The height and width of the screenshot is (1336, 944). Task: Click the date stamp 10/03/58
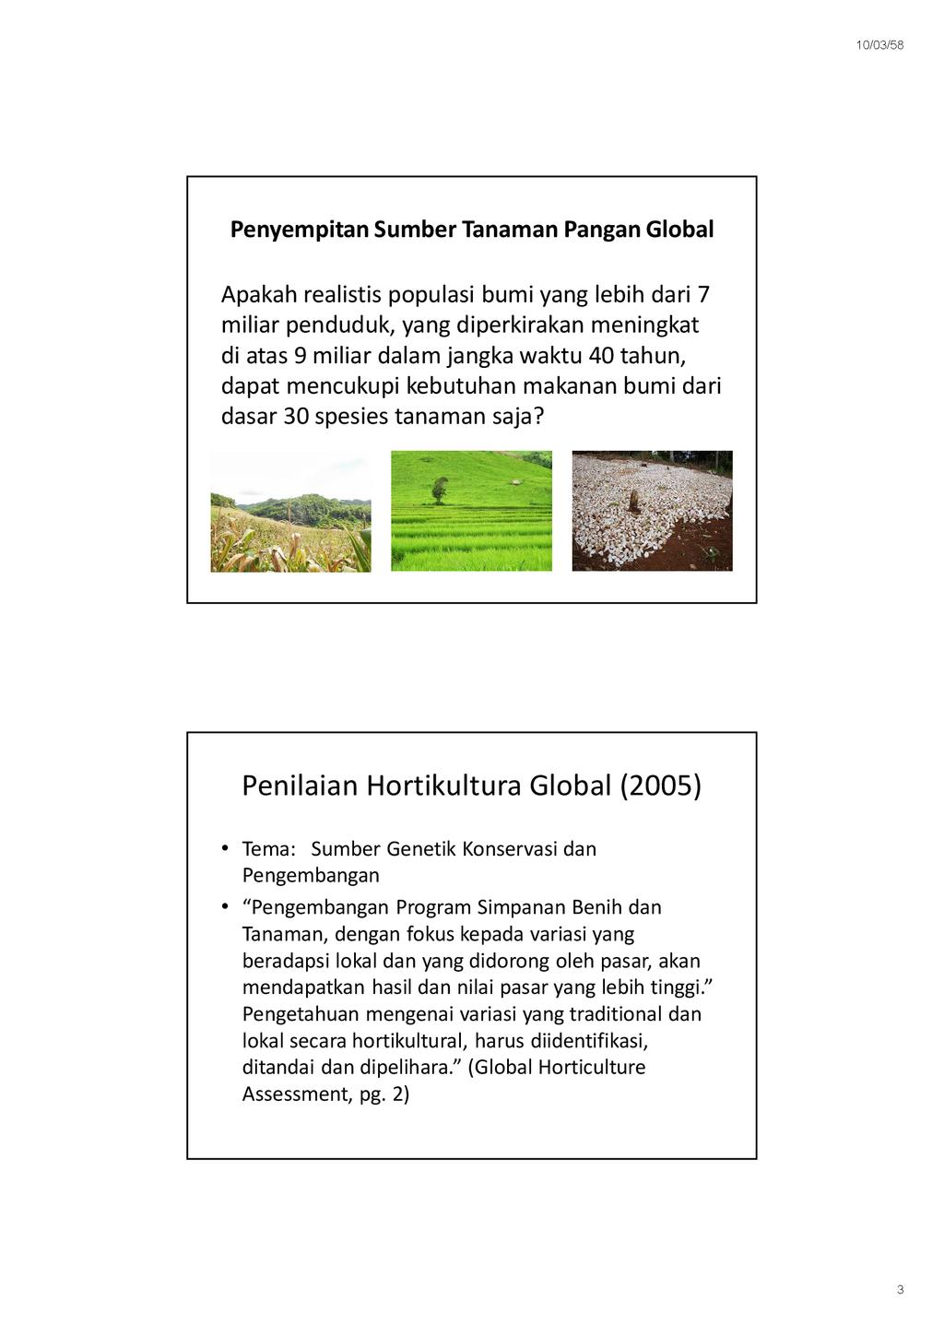coord(879,45)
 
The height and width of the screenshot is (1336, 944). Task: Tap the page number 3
coord(900,1289)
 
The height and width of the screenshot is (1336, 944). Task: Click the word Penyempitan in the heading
coord(300,230)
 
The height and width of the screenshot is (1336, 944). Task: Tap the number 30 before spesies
coord(296,417)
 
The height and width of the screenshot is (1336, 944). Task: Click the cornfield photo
coord(290,512)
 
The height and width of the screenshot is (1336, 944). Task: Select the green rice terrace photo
coord(471,512)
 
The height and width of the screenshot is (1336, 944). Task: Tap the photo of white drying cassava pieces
coord(652,512)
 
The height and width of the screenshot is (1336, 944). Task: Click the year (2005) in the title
coord(660,786)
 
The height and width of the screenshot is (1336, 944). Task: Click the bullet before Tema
coord(224,848)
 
